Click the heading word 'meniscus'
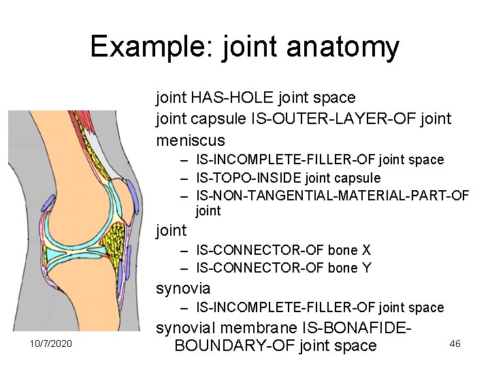point(191,140)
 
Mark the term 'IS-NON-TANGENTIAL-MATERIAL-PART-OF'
point(332,196)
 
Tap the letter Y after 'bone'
point(366,268)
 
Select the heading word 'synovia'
point(183,288)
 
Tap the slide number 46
point(455,343)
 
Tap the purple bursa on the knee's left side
point(49,203)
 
